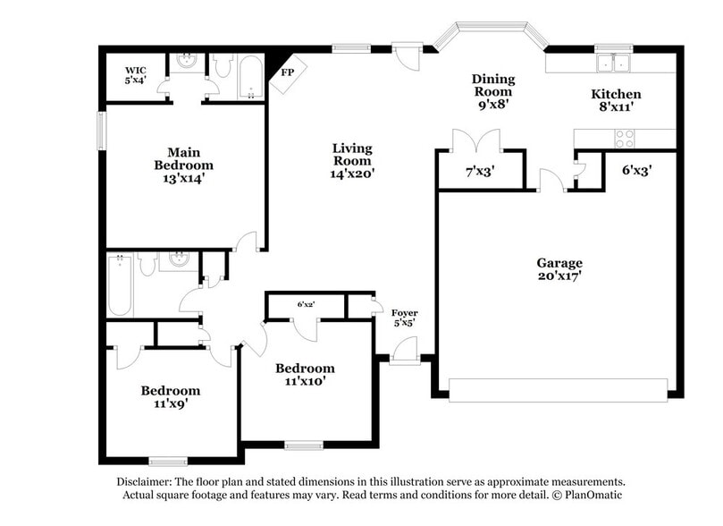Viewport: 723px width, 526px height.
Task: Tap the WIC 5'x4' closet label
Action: click(x=135, y=74)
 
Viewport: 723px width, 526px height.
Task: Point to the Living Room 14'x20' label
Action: click(x=352, y=160)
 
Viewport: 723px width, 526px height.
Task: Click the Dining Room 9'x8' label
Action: click(x=492, y=91)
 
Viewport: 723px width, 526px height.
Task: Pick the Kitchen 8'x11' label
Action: click(x=616, y=100)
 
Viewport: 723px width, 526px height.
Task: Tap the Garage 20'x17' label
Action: click(x=559, y=269)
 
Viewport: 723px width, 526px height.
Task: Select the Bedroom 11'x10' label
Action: click(x=305, y=374)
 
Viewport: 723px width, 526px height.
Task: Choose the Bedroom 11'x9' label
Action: click(x=170, y=396)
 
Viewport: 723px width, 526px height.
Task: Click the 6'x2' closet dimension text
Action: click(x=306, y=304)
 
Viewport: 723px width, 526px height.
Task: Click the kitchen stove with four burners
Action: click(x=624, y=138)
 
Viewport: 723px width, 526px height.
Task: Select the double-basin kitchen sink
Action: click(x=614, y=63)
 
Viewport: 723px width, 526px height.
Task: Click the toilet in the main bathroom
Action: click(x=223, y=65)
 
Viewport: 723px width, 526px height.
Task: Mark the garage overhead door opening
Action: click(x=558, y=389)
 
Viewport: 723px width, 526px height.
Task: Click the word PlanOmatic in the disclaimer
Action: click(x=589, y=495)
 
